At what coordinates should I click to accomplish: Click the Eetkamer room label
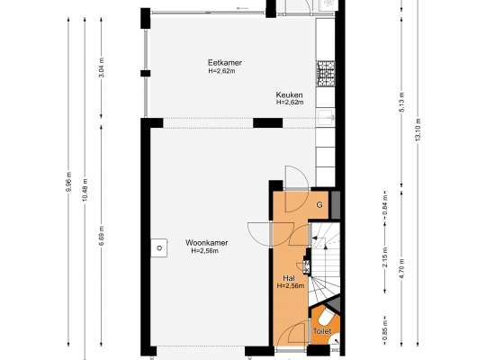225,63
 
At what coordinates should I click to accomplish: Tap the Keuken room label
289,94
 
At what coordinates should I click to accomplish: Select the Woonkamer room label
207,243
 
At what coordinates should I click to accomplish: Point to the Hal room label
289,278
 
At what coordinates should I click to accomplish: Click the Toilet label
322,331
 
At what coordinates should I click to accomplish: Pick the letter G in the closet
319,204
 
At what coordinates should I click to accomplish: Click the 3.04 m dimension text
102,67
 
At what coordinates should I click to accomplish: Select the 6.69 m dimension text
102,235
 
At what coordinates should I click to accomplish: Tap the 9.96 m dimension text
68,182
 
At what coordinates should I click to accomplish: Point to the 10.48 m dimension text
85,190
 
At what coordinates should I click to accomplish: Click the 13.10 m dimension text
418,130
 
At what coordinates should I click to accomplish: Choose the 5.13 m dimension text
402,103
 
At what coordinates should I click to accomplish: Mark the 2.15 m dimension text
385,257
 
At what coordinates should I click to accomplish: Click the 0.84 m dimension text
385,204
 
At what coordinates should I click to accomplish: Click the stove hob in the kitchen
326,74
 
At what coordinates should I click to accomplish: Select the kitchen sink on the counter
326,118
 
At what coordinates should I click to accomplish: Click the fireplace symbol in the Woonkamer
159,247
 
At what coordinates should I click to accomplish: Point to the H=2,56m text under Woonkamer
205,251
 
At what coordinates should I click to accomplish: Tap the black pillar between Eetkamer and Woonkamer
268,122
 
